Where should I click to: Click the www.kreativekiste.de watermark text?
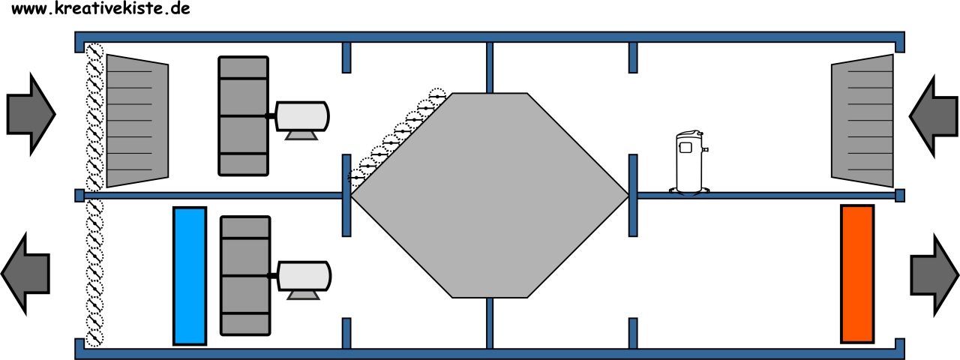[x=100, y=8]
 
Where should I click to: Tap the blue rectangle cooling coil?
[x=190, y=276]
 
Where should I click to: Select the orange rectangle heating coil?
[x=857, y=274]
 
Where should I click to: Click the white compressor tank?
[x=689, y=163]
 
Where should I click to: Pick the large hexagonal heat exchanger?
[x=490, y=196]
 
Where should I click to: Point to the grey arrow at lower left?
[x=25, y=274]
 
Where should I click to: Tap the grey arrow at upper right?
[x=934, y=116]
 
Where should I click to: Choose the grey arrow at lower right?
[x=934, y=275]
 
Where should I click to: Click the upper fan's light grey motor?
[x=302, y=115]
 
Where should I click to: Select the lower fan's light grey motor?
[x=304, y=275]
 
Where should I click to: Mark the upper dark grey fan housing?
[x=244, y=115]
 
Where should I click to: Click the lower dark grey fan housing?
[x=245, y=275]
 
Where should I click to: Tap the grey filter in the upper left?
[x=137, y=121]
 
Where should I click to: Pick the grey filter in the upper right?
[x=862, y=121]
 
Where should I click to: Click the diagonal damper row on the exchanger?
[x=397, y=136]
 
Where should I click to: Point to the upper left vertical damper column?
[x=94, y=117]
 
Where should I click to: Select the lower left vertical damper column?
[x=94, y=273]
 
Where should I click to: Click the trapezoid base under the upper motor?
[x=301, y=136]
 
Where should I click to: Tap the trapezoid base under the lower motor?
[x=304, y=295]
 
